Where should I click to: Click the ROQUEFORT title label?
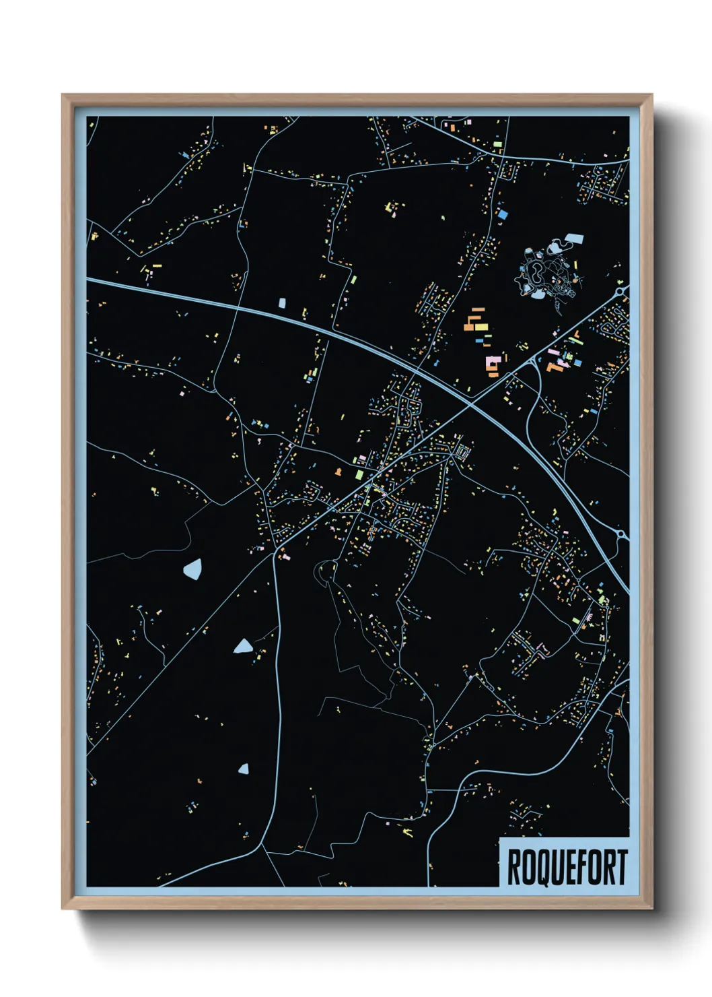tap(566, 866)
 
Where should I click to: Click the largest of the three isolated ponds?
tap(192, 569)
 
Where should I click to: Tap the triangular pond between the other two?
tap(243, 647)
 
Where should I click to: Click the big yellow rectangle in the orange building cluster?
tap(481, 326)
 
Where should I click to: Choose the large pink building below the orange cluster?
tap(493, 364)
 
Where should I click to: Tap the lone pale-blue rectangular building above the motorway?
tap(282, 303)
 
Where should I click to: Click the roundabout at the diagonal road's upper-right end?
tap(623, 290)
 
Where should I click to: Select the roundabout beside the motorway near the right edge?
tap(622, 536)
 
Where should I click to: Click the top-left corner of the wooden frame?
tap(63, 95)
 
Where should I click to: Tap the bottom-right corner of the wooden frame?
tap(651, 909)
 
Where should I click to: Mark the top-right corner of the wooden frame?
tap(651, 95)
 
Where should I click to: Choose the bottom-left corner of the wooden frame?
tap(63, 909)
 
